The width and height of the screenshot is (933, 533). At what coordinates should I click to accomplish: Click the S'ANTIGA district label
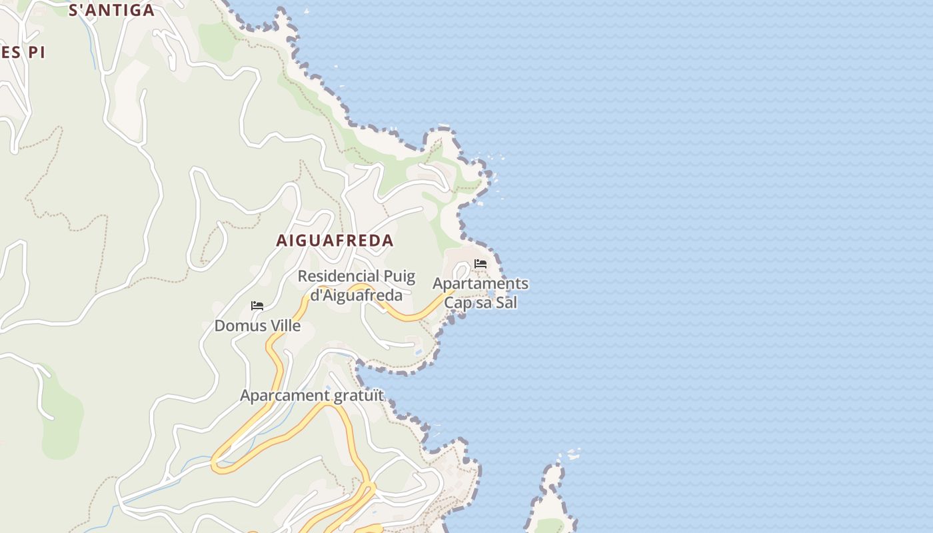click(x=112, y=10)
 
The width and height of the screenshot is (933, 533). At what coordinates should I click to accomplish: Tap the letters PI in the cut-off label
click(x=35, y=53)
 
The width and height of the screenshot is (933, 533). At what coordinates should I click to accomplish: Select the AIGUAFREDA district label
click(x=335, y=241)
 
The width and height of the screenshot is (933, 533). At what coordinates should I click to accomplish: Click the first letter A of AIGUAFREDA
click(x=282, y=241)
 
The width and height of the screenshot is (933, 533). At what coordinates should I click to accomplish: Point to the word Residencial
click(x=337, y=276)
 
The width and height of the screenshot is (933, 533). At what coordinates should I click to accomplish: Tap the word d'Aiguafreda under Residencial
click(x=357, y=294)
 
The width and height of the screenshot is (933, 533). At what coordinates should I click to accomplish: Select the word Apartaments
click(x=480, y=284)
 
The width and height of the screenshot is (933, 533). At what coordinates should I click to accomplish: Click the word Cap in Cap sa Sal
click(x=458, y=302)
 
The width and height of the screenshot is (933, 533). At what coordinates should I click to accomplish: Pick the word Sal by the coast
click(x=506, y=302)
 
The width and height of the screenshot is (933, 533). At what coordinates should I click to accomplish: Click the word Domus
click(x=237, y=326)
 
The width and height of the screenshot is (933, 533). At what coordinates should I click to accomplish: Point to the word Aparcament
click(x=285, y=395)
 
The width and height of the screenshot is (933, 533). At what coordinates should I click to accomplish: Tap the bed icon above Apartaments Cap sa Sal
click(x=480, y=264)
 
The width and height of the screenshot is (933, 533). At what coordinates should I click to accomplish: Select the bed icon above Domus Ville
click(x=257, y=306)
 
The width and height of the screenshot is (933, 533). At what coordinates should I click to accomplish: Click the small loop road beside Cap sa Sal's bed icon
click(x=461, y=271)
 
